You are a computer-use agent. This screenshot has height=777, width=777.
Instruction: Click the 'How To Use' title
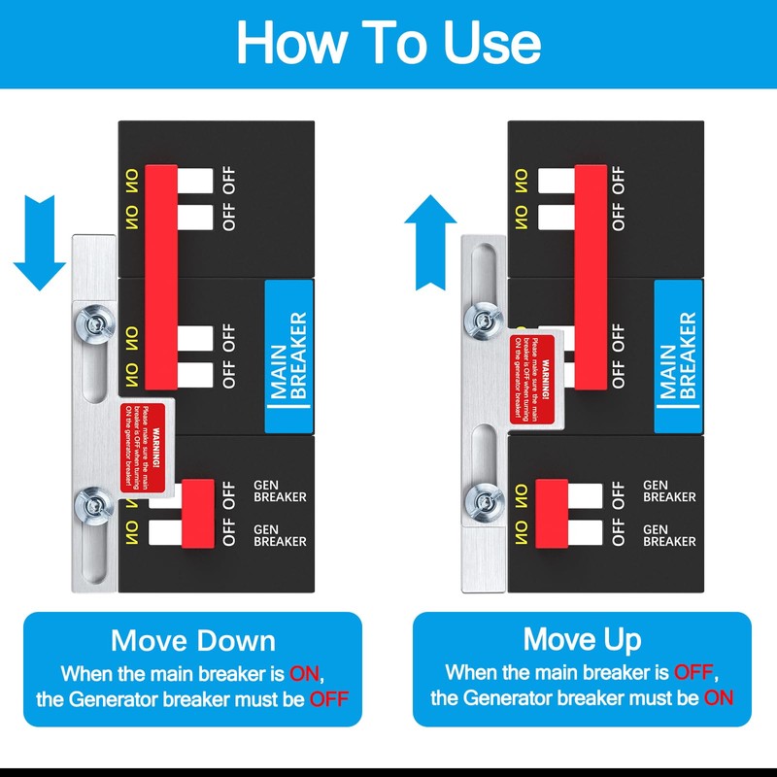[x=388, y=44]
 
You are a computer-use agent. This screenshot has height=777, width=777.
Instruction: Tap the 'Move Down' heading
[x=192, y=641]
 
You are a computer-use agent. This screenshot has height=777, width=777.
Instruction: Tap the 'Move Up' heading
[x=582, y=640]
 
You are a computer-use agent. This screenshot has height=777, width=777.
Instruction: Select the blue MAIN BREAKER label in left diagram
[x=288, y=355]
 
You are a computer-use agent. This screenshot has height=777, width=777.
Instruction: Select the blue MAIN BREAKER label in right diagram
[x=678, y=355]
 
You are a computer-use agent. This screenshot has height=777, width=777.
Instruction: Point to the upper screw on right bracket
[x=480, y=318]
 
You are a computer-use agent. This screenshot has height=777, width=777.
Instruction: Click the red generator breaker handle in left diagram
[x=198, y=513]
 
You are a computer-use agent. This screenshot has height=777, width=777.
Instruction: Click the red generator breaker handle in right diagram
[x=551, y=512]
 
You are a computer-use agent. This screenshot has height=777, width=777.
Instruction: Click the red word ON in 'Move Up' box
[x=719, y=697]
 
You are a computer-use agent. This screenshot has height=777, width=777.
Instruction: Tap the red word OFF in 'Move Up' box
[x=696, y=672]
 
